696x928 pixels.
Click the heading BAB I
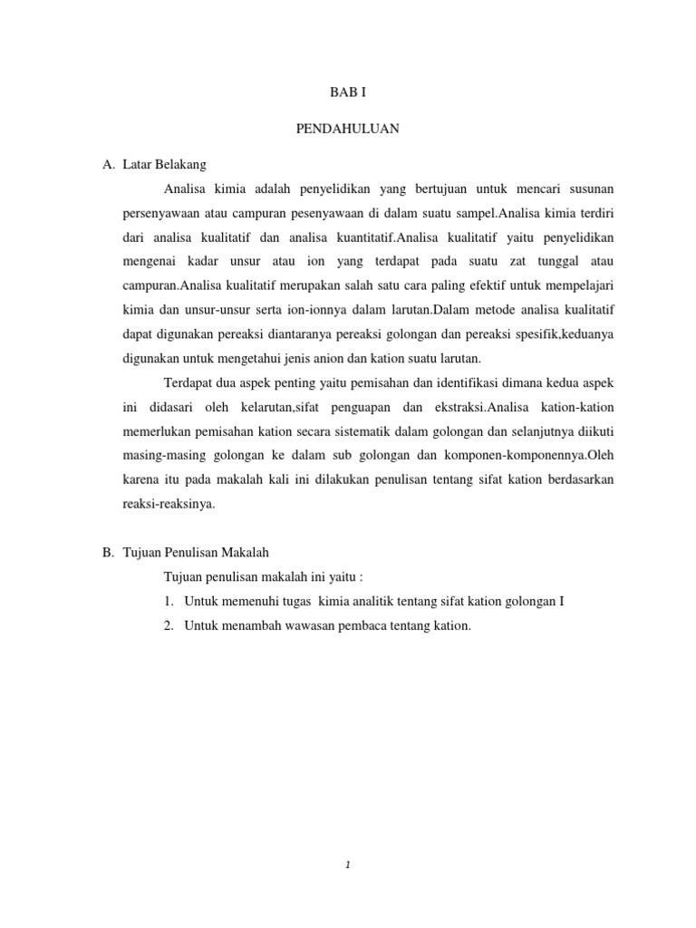coord(347,93)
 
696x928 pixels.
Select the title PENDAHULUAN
coord(347,129)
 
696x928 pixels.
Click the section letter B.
coord(107,553)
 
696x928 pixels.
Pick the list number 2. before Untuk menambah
coord(169,626)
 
